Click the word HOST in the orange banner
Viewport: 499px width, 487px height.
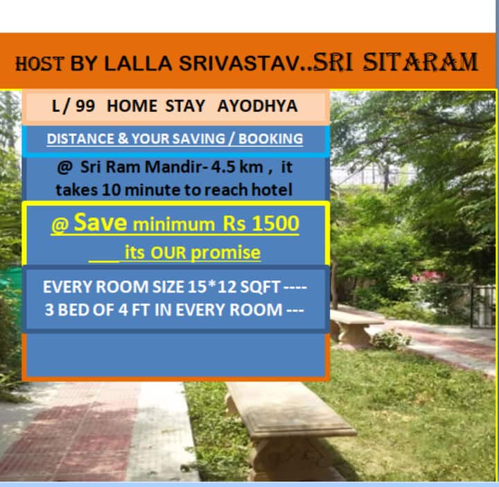pyautogui.click(x=40, y=63)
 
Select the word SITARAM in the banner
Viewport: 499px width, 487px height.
pyautogui.click(x=421, y=62)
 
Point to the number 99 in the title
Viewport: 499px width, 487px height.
pyautogui.click(x=85, y=105)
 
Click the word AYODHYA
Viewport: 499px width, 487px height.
pyautogui.click(x=257, y=105)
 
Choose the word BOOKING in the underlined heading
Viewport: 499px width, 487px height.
pyautogui.click(x=271, y=139)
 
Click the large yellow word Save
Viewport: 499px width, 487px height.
pyautogui.click(x=100, y=222)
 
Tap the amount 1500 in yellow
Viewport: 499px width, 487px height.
pyautogui.click(x=276, y=223)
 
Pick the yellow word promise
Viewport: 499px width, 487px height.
pyautogui.click(x=226, y=253)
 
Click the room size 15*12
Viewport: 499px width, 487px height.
pyautogui.click(x=211, y=287)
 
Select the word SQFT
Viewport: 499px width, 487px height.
pyautogui.click(x=260, y=287)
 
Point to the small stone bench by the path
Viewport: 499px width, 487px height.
pyautogui.click(x=354, y=328)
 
